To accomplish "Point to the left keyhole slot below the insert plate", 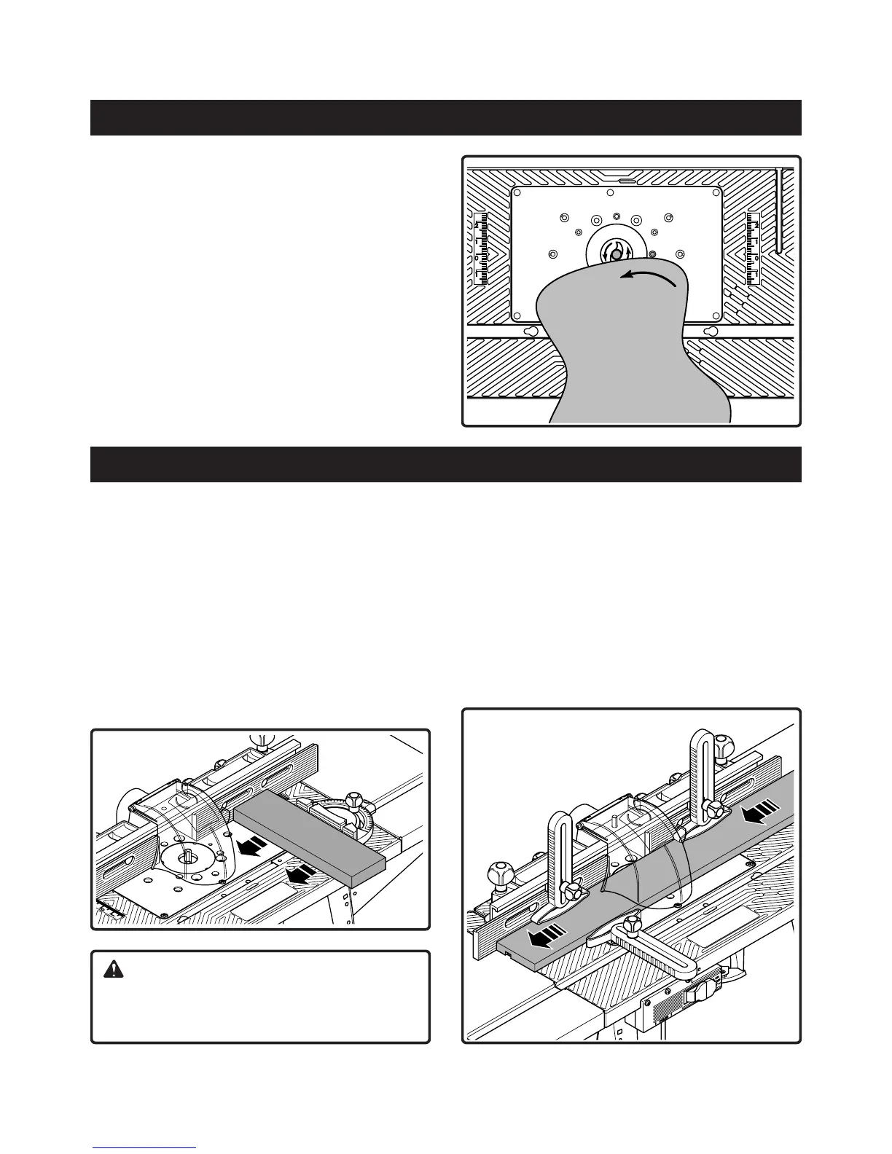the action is click(531, 331).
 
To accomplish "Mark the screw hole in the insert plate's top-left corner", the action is click(518, 194).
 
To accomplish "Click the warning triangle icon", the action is click(114, 969).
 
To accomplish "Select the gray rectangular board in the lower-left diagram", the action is click(310, 837).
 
